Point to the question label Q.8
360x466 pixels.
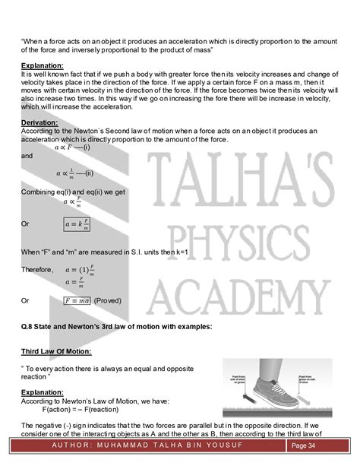click(x=28, y=326)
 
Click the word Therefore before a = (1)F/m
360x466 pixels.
click(x=36, y=269)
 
